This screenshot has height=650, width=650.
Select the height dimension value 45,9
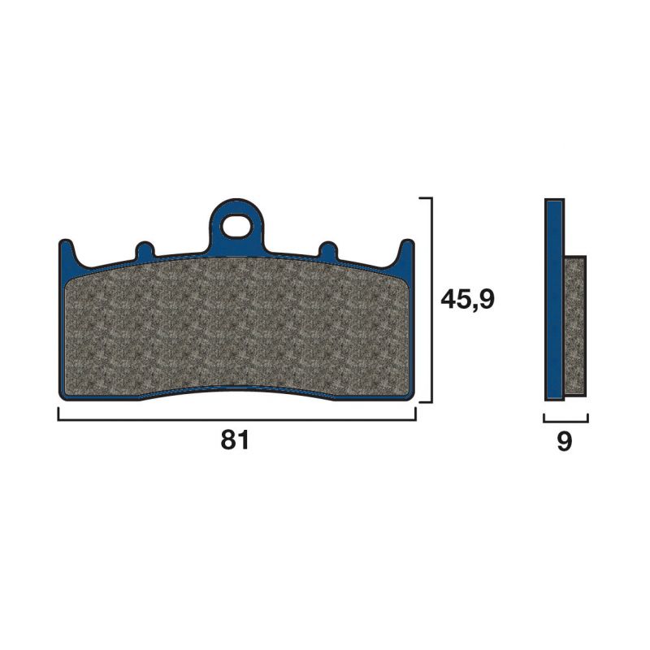(467, 300)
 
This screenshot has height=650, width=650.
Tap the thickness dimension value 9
(565, 441)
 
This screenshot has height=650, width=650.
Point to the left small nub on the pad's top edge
(145, 251)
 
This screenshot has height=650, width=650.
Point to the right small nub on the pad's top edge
(328, 251)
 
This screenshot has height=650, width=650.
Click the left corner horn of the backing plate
(67, 252)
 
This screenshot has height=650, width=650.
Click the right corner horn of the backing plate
(406, 252)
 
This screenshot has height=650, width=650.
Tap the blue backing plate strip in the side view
(554, 300)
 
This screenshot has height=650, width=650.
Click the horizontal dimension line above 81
(236, 420)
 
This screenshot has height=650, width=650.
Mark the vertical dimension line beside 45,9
(431, 300)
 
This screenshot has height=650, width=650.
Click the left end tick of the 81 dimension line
(58, 414)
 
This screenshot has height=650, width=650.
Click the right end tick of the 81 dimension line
(415, 414)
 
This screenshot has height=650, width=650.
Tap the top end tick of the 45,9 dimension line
(426, 197)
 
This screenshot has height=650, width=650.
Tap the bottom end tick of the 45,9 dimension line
(426, 402)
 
